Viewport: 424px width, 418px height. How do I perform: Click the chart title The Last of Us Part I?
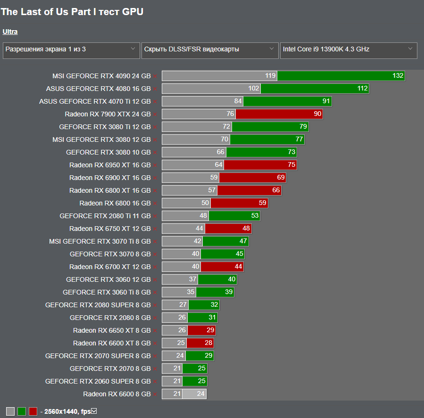point(72,12)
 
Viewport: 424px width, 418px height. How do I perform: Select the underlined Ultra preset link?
point(10,32)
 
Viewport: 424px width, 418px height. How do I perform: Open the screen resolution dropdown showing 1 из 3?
point(71,49)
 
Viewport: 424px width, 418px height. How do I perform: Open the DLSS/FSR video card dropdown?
point(209,49)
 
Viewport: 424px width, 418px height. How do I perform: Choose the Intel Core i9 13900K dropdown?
point(348,49)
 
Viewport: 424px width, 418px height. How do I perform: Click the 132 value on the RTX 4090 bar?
point(398,76)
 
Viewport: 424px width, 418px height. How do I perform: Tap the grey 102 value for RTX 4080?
point(254,89)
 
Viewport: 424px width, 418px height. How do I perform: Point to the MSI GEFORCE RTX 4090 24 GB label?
point(101,76)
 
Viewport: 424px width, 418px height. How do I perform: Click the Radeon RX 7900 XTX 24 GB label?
point(108,114)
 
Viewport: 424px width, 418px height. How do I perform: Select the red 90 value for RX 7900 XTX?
point(317,114)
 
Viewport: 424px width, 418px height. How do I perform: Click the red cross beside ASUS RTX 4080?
point(155,89)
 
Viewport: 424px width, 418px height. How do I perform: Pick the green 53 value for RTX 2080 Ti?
point(255,216)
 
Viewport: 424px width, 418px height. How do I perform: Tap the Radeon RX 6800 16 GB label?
point(115,203)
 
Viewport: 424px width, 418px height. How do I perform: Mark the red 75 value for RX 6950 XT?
point(291,165)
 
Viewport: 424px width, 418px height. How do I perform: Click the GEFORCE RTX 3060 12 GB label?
point(108,279)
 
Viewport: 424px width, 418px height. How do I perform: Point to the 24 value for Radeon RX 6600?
point(201,394)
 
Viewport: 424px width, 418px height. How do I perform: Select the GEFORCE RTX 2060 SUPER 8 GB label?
point(98,381)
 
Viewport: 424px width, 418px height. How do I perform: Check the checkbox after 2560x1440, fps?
point(94,411)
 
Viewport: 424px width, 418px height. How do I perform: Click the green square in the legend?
point(22,411)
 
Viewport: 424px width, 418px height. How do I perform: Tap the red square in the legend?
point(33,411)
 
